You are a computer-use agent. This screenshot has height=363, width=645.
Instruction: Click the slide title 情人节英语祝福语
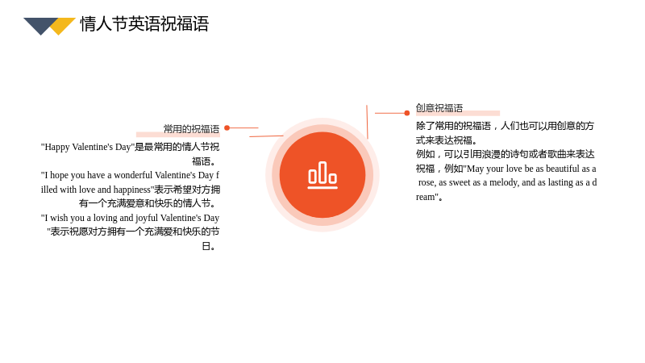[144, 24]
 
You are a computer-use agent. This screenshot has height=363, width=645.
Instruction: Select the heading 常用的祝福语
[191, 129]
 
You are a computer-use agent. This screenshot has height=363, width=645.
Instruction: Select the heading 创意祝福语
[439, 108]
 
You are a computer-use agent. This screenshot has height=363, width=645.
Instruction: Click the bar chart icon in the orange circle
[322, 175]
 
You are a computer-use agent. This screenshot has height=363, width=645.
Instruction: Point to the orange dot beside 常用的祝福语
[227, 128]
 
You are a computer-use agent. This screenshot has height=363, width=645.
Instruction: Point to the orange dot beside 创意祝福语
[407, 113]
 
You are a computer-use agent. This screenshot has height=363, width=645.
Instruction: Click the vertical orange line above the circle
[367, 122]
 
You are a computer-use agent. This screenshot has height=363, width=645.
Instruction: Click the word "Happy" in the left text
[56, 148]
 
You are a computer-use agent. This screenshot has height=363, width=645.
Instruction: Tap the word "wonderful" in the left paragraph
[133, 175]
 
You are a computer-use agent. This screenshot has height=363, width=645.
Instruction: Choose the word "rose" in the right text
[427, 183]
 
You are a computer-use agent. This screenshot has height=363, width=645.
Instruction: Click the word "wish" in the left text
[58, 218]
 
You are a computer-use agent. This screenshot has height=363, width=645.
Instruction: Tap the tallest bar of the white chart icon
[322, 173]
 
